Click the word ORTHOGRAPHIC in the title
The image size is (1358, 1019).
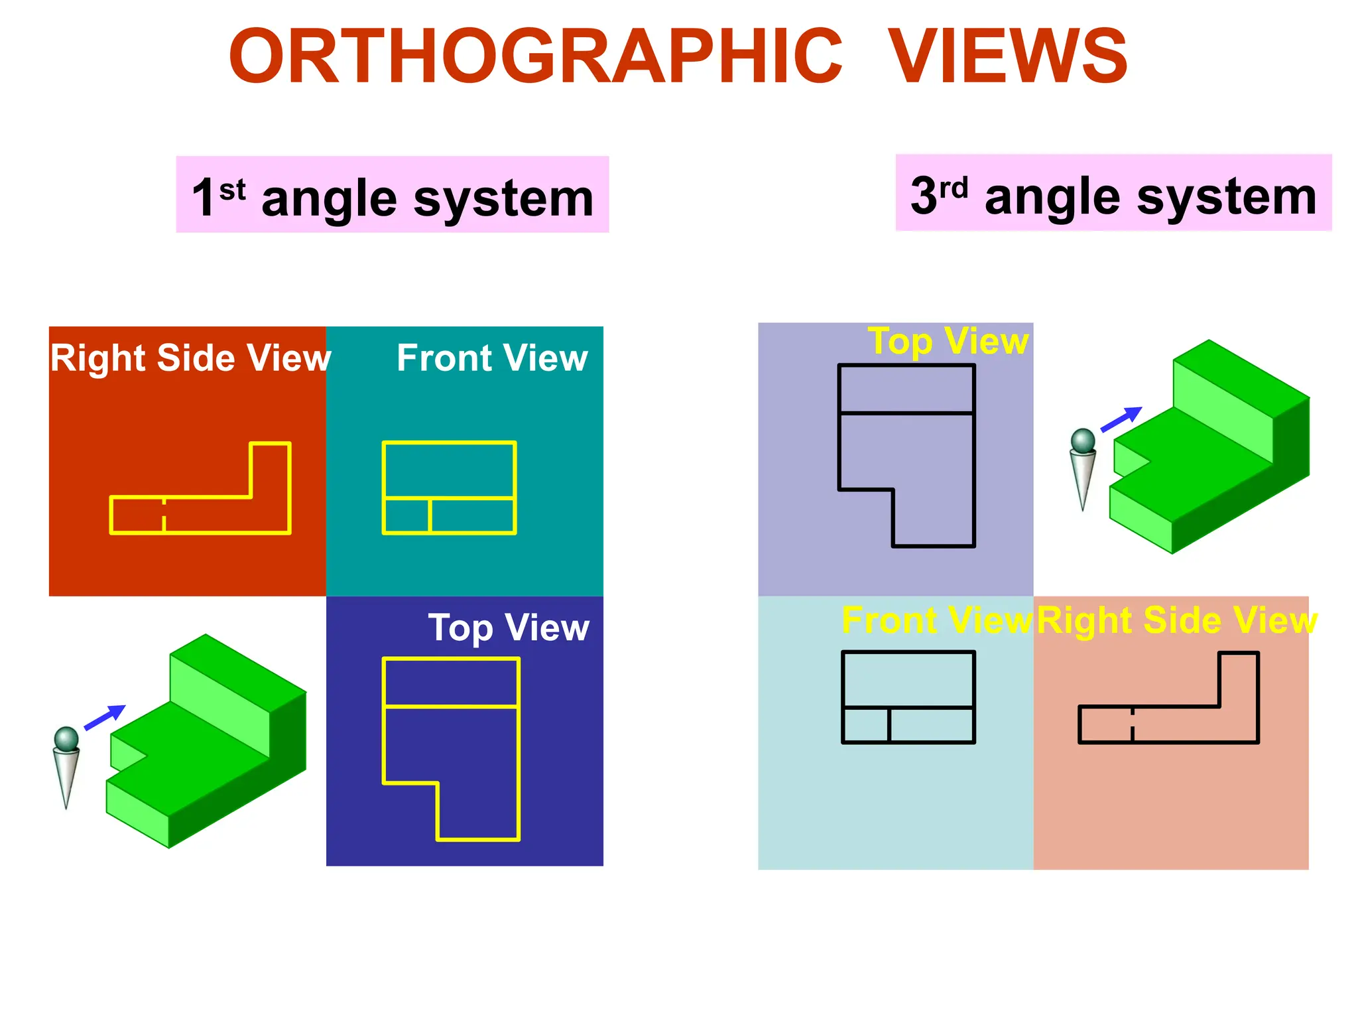point(535,57)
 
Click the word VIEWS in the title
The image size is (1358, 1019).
point(1007,57)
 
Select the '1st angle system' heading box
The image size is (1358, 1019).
point(392,195)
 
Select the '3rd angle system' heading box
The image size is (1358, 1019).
point(1113,193)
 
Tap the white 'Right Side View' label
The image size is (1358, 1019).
point(190,358)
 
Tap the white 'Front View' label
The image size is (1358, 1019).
point(492,358)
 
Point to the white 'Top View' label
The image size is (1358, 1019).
point(509,628)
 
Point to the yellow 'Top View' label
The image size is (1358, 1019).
point(948,342)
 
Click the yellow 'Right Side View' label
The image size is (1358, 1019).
point(1176,621)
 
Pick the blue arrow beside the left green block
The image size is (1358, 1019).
point(105,716)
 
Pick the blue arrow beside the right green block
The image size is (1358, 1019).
point(1121,419)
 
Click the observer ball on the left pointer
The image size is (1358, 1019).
point(66,738)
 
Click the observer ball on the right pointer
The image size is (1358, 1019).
point(1083,441)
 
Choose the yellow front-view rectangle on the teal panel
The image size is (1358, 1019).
point(449,488)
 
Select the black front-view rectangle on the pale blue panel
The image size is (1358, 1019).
point(908,697)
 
